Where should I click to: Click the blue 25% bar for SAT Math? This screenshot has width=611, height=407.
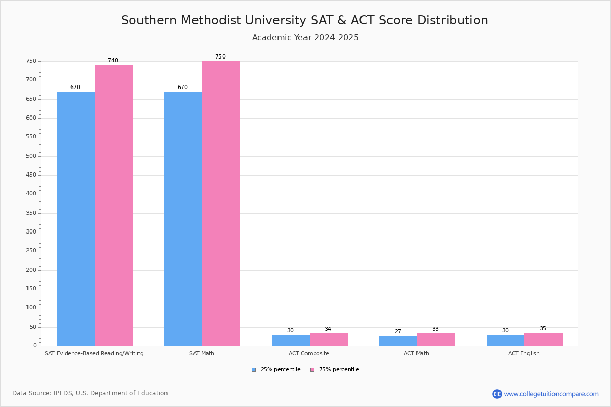pyautogui.click(x=183, y=219)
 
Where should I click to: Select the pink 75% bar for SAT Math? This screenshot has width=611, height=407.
pyautogui.click(x=221, y=203)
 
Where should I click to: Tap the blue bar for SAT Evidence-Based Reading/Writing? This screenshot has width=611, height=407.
pyautogui.click(x=76, y=219)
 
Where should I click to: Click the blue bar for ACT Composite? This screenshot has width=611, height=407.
pyautogui.click(x=291, y=340)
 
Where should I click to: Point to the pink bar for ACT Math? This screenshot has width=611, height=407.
pyautogui.click(x=436, y=340)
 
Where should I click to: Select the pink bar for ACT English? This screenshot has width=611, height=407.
pyautogui.click(x=543, y=339)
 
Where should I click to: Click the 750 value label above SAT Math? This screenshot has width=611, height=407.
pyautogui.click(x=220, y=57)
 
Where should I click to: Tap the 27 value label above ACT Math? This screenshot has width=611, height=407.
pyautogui.click(x=398, y=332)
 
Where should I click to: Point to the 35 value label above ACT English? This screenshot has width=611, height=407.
pyautogui.click(x=543, y=329)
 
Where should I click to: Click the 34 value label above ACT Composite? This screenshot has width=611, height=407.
pyautogui.click(x=328, y=329)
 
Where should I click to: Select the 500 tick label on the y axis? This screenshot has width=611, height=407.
pyautogui.click(x=32, y=156)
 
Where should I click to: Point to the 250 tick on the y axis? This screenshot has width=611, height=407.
pyautogui.click(x=32, y=251)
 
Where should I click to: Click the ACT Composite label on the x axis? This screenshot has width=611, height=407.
pyautogui.click(x=309, y=353)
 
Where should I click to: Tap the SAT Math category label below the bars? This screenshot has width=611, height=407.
pyautogui.click(x=202, y=353)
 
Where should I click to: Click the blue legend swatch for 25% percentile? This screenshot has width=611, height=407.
pyautogui.click(x=254, y=370)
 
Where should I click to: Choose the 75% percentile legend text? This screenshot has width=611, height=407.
pyautogui.click(x=339, y=370)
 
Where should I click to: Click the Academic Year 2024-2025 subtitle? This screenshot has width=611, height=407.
pyautogui.click(x=305, y=38)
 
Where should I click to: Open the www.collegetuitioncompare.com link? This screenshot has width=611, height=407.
pyautogui.click(x=551, y=394)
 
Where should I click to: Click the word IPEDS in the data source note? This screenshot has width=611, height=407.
pyautogui.click(x=63, y=393)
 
